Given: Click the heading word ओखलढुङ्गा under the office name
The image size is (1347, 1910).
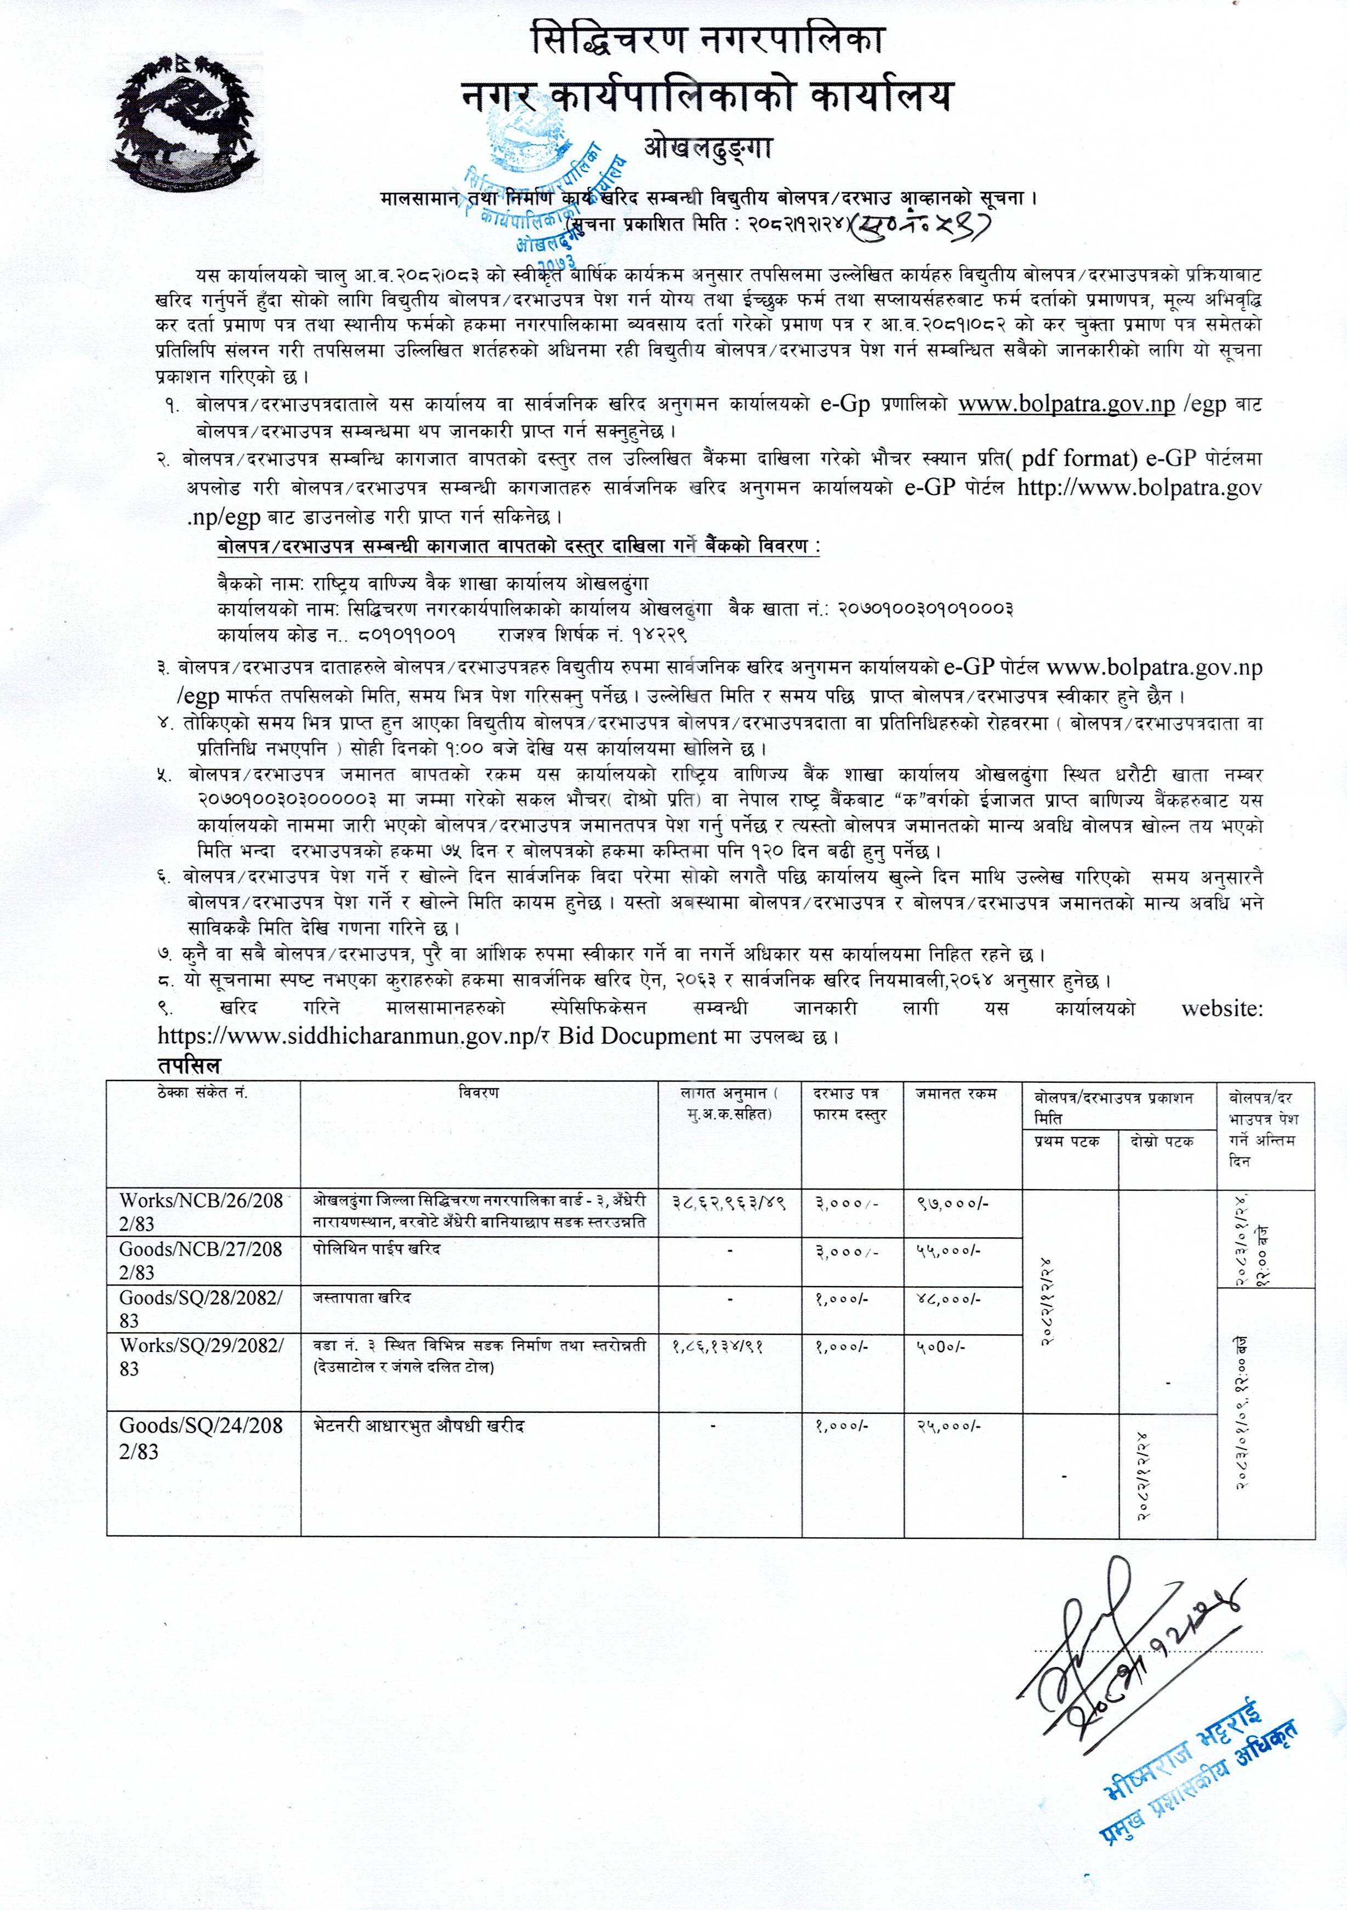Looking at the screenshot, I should tap(708, 148).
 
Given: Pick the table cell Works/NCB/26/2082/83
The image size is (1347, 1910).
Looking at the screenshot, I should tap(202, 1211).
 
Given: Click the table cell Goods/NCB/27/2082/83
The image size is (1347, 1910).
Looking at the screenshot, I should tap(202, 1260).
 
